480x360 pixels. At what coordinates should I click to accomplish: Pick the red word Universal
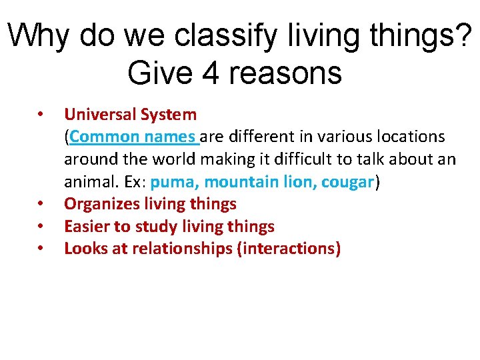coord(100,115)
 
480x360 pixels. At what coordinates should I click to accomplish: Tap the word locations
coord(406,137)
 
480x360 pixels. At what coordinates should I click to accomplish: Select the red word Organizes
coord(101,205)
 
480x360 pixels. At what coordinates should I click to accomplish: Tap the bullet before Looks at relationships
coord(41,249)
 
